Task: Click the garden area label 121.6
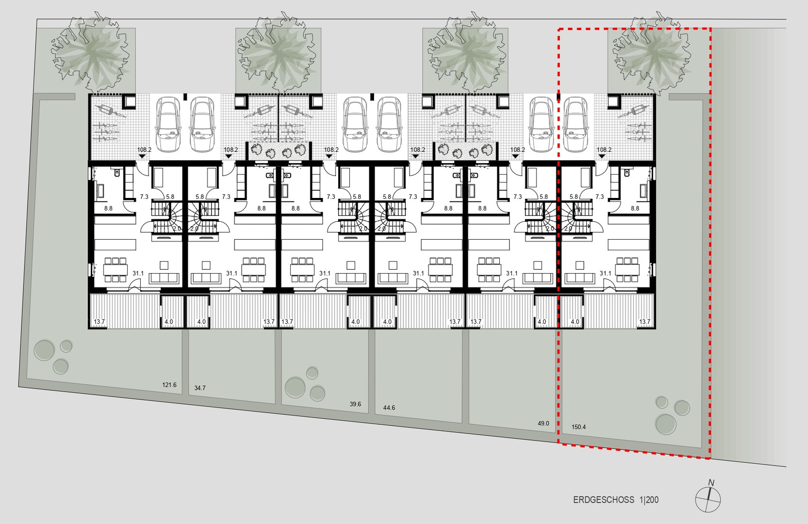click(x=169, y=385)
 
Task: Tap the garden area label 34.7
click(x=200, y=388)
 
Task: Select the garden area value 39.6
click(x=355, y=404)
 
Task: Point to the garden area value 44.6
click(x=389, y=408)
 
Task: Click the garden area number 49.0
click(x=543, y=423)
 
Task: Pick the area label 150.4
click(x=578, y=427)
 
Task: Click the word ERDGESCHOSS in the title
click(x=604, y=500)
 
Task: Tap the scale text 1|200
click(x=649, y=500)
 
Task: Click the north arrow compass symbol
click(x=708, y=500)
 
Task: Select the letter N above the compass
click(x=711, y=483)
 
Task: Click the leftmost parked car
click(x=168, y=124)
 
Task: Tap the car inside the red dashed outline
click(x=576, y=124)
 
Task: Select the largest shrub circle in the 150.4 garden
click(x=666, y=424)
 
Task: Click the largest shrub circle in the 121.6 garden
click(x=44, y=350)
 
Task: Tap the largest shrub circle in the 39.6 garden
click(x=295, y=388)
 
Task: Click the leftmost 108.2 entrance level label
click(x=145, y=149)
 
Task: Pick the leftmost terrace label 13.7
click(x=99, y=322)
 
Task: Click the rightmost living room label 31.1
click(x=606, y=273)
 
